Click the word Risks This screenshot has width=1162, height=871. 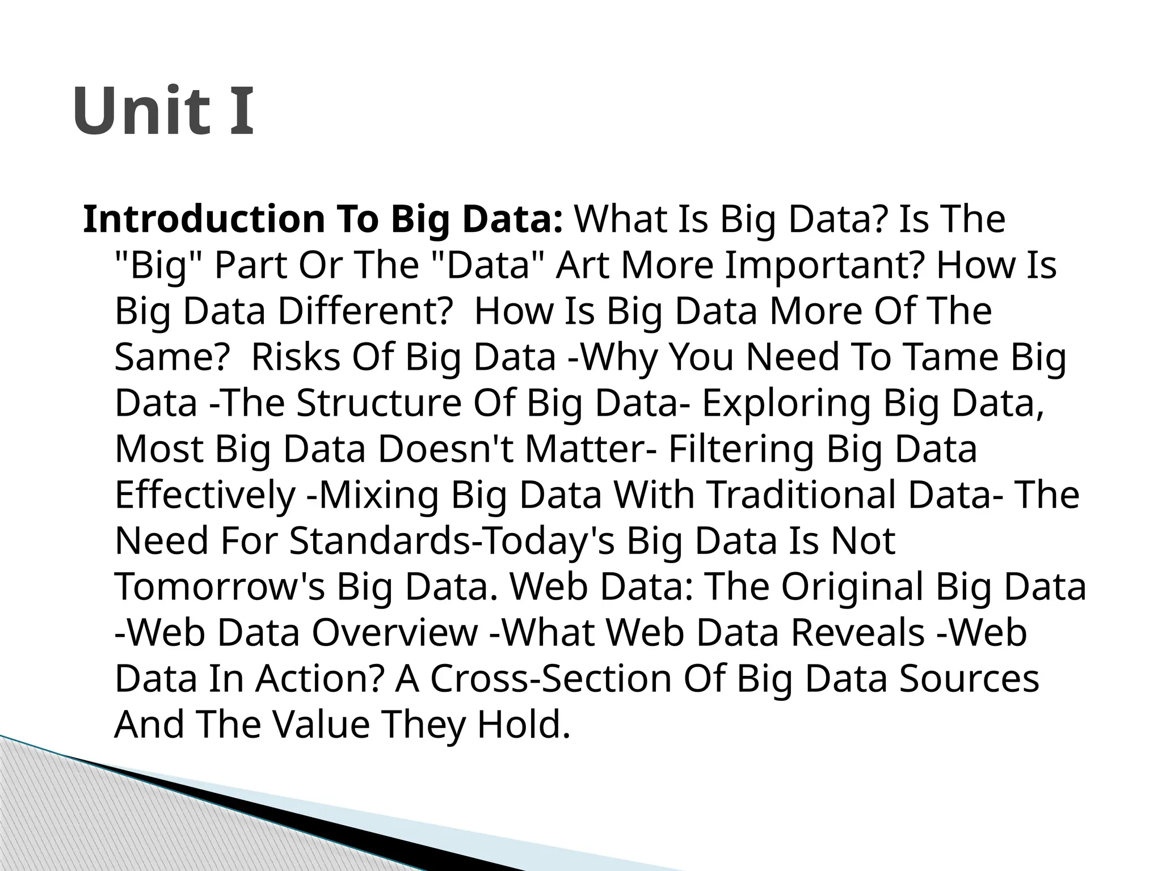[295, 357]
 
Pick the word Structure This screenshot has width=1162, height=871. [377, 403]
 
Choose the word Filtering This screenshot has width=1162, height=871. [741, 449]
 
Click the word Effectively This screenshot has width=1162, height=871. [205, 495]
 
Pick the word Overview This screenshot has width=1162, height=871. [395, 633]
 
